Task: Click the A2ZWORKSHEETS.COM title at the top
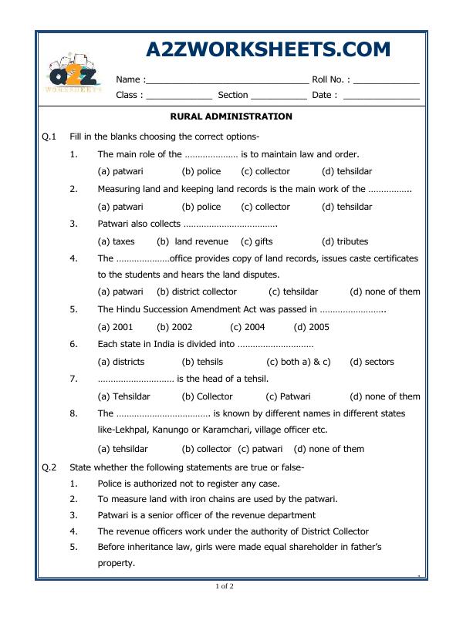[268, 50]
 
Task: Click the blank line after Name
[227, 79]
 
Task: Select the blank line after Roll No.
[387, 79]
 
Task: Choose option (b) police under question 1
[201, 171]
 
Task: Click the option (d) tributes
[345, 241]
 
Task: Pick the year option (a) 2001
[115, 327]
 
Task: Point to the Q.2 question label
[50, 467]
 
